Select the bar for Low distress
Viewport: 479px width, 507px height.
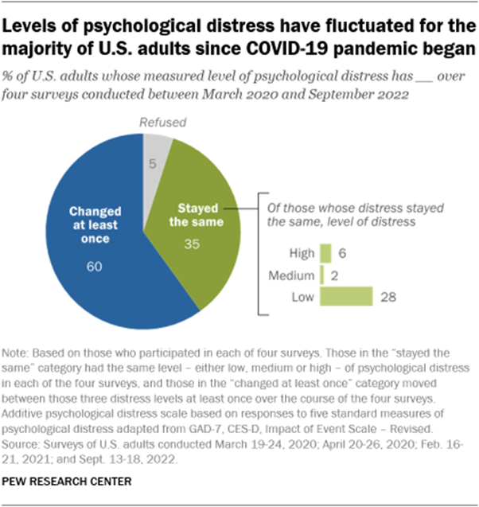[x=346, y=296]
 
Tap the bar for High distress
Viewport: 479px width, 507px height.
[x=325, y=253]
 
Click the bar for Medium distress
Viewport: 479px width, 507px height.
[x=321, y=275]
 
